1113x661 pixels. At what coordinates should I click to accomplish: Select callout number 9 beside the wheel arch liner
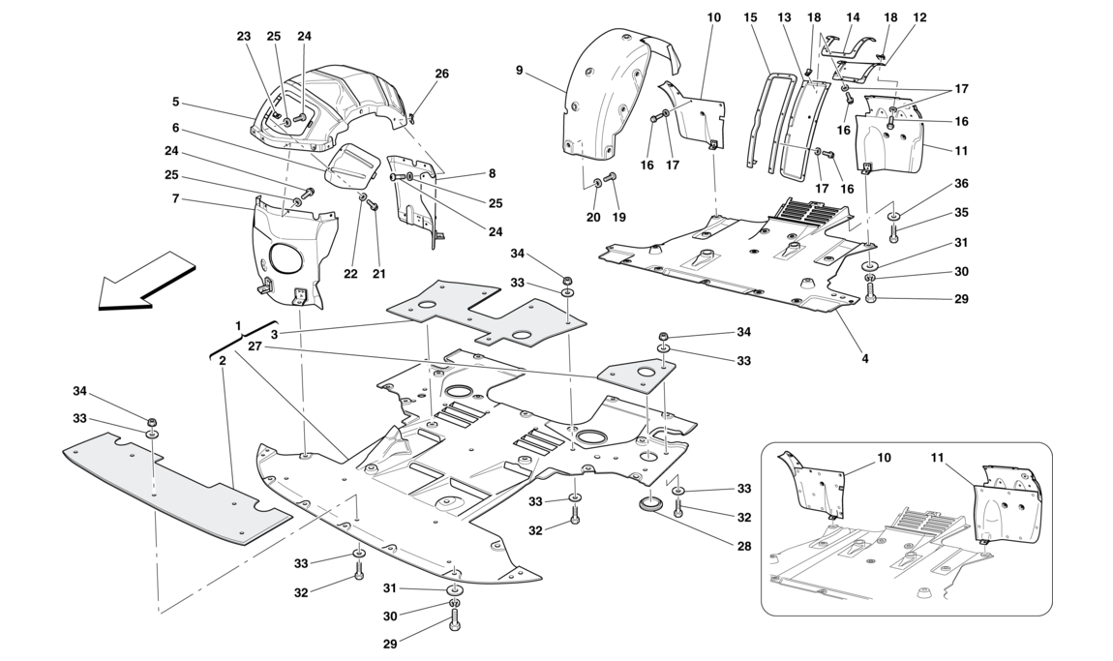[x=520, y=70]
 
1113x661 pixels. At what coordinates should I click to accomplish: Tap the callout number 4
[x=864, y=359]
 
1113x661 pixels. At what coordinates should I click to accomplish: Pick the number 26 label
[x=441, y=74]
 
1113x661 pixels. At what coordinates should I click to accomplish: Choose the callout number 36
[x=960, y=184]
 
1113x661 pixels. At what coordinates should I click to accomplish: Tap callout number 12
[x=919, y=17]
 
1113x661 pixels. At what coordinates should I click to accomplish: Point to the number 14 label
[x=853, y=17]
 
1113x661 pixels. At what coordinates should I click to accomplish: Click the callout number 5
[x=176, y=102]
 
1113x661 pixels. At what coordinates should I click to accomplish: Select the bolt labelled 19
[x=611, y=177]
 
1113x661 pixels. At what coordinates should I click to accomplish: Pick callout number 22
[x=349, y=273]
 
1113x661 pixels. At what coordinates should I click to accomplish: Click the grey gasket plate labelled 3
[x=474, y=310]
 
